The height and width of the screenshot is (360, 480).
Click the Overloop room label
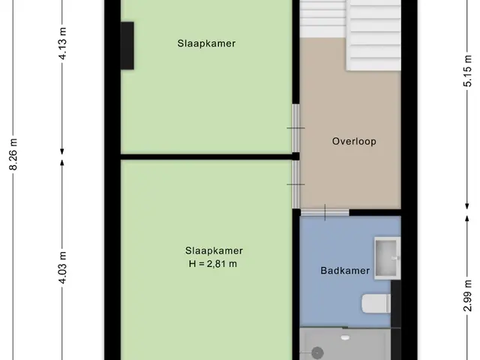pyautogui.click(x=354, y=142)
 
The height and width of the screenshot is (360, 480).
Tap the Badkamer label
pyautogui.click(x=345, y=271)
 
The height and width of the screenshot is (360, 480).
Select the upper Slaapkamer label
pyautogui.click(x=206, y=43)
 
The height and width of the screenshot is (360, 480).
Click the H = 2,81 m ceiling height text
pyautogui.click(x=213, y=264)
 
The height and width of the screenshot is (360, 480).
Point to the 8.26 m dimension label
pyautogui.click(x=13, y=154)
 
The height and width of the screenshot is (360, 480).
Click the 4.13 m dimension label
pyautogui.click(x=62, y=43)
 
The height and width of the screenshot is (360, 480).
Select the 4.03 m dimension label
pyautogui.click(x=62, y=268)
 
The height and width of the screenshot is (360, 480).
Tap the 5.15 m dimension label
pyautogui.click(x=467, y=71)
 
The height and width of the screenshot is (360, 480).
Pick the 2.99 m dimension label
pyautogui.click(x=467, y=295)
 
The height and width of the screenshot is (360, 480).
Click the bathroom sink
pyautogui.click(x=388, y=258)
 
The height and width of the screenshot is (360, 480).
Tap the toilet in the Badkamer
pyautogui.click(x=376, y=303)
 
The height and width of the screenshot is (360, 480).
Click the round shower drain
pyautogui.click(x=317, y=353)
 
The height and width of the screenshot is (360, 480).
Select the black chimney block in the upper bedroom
pyautogui.click(x=127, y=46)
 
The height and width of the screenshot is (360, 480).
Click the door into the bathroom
pyautogui.click(x=325, y=212)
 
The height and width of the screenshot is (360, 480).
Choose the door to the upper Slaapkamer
pyautogui.click(x=295, y=128)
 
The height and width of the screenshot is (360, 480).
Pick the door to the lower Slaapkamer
pyautogui.click(x=295, y=184)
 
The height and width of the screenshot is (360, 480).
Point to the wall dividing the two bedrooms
pyautogui.click(x=207, y=157)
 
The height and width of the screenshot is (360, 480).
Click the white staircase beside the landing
pyautogui.click(x=350, y=35)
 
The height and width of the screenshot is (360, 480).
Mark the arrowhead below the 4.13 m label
pyautogui.click(x=62, y=151)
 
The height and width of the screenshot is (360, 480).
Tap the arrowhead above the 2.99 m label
pyautogui.click(x=467, y=218)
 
